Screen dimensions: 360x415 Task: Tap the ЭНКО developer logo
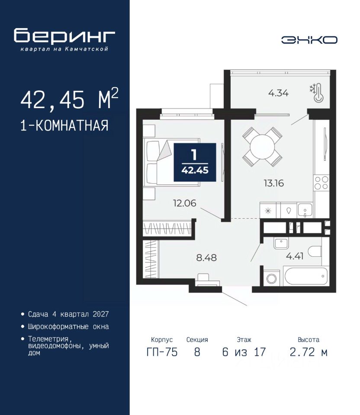[x=309, y=40]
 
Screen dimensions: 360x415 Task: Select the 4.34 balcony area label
[x=278, y=93]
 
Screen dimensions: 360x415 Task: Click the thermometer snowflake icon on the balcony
[x=317, y=93]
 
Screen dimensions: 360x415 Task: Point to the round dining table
[x=262, y=147]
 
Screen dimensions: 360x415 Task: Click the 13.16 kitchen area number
[x=273, y=183]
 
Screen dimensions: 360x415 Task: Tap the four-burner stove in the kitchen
[x=321, y=183]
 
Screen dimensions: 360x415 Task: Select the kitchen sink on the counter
[x=305, y=210]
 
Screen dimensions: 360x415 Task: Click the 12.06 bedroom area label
[x=185, y=203]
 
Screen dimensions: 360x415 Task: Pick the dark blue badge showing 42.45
[x=195, y=162]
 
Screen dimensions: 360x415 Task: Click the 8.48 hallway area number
[x=206, y=258]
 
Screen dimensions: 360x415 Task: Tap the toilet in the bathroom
[x=315, y=251]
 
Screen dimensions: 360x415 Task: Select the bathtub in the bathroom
[x=305, y=276]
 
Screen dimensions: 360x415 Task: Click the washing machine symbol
[x=272, y=278]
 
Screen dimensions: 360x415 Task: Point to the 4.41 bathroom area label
[x=295, y=256]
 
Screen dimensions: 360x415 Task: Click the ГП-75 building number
[x=162, y=352]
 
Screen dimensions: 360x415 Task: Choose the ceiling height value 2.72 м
[x=309, y=352]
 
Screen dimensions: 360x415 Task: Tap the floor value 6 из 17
[x=244, y=352]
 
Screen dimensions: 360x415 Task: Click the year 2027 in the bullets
[x=101, y=314]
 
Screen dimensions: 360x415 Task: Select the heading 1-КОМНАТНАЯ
[x=64, y=125]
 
